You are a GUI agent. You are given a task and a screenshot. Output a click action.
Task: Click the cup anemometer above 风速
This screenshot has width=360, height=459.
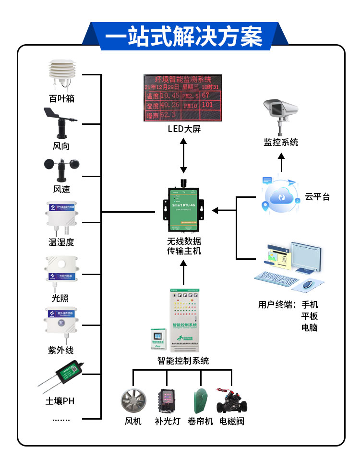[61, 168]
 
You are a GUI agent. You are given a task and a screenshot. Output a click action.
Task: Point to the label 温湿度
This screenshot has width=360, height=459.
[61, 242]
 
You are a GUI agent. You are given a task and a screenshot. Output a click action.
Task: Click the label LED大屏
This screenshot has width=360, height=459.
[184, 129]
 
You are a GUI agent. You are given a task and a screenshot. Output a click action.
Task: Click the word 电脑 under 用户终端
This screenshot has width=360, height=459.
[309, 327]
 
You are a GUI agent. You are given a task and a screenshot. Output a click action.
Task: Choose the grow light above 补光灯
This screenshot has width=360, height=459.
[167, 400]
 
